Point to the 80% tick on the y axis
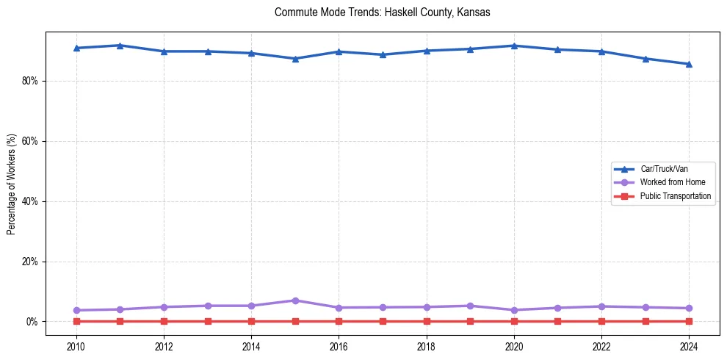[x=29, y=81]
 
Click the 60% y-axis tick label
[x=29, y=141]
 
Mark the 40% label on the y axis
[x=29, y=201]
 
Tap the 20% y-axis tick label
[x=29, y=262]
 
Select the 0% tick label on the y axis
[x=32, y=322]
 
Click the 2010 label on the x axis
[x=76, y=345]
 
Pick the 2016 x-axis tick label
[x=339, y=345]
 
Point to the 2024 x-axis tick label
[x=689, y=345]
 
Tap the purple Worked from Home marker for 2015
[x=295, y=300]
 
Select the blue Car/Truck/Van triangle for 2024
[x=689, y=64]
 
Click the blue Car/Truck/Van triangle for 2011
[x=120, y=46]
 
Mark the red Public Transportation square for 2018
[x=427, y=321]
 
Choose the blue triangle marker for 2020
[x=514, y=46]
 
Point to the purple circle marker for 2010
[x=76, y=310]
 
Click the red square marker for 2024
[x=689, y=321]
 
